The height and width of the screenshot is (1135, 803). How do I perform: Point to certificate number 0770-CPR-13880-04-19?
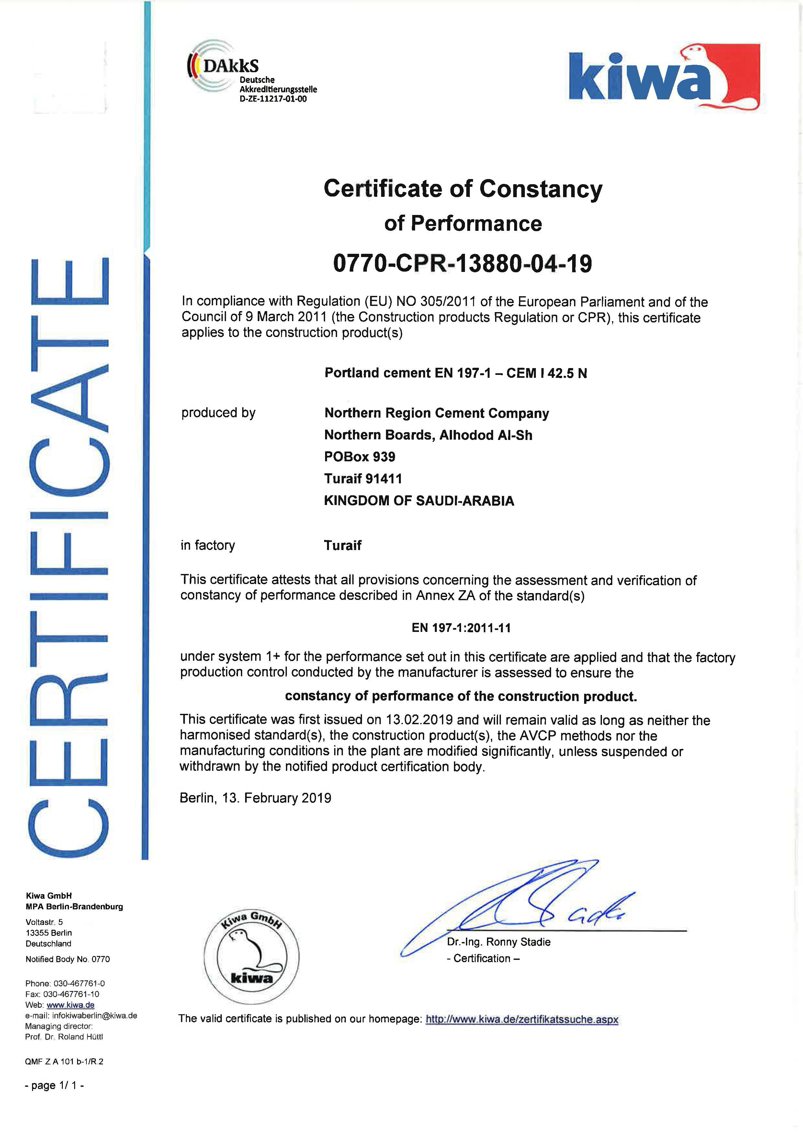[462, 263]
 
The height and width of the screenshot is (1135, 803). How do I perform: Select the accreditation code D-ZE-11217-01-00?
[273, 99]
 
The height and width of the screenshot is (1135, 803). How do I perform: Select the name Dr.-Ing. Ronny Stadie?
[498, 942]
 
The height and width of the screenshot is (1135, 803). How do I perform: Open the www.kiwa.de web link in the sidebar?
[70, 1005]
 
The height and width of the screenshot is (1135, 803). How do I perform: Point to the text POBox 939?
[359, 457]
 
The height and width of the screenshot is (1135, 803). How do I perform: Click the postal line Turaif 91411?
[363, 478]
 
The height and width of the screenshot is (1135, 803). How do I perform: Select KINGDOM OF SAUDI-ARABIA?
[419, 501]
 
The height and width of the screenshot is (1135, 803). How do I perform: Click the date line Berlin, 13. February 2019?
[255, 798]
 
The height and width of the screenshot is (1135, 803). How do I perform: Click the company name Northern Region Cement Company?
[436, 413]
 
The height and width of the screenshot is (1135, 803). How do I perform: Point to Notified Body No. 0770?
[68, 959]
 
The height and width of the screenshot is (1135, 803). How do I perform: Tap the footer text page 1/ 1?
[54, 1085]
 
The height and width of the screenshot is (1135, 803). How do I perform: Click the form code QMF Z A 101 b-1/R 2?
[64, 1061]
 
